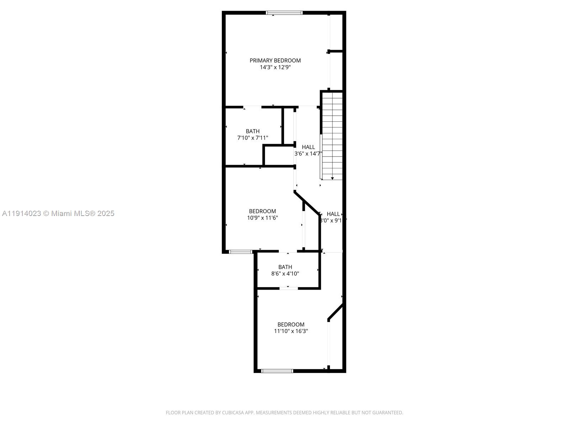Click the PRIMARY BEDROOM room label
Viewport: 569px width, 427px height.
point(275,60)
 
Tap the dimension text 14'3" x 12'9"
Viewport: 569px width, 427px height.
point(275,67)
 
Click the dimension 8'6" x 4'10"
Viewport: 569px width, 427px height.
point(285,274)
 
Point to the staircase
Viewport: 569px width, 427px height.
point(332,135)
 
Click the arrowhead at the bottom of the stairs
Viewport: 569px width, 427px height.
point(332,178)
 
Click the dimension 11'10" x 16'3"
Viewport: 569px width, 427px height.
point(291,331)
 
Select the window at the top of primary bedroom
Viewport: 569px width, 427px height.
point(284,13)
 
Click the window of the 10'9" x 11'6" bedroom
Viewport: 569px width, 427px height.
point(240,252)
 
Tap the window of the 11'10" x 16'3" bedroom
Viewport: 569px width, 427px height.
point(277,371)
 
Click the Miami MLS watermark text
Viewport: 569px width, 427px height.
point(58,213)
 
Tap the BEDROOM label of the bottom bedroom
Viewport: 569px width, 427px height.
point(291,325)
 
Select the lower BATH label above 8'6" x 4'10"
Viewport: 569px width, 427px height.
point(285,267)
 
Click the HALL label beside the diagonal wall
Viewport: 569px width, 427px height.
point(333,214)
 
